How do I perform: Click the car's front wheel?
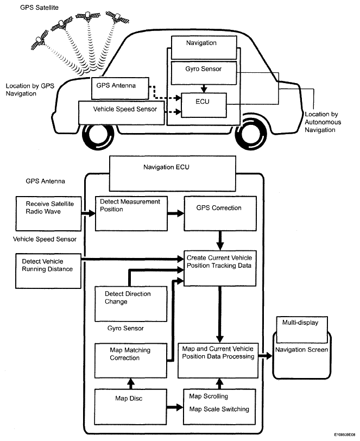[100, 136]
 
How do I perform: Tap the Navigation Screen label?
[301, 350]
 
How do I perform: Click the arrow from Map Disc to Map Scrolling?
[174, 405]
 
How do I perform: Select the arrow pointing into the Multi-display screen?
[264, 357]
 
